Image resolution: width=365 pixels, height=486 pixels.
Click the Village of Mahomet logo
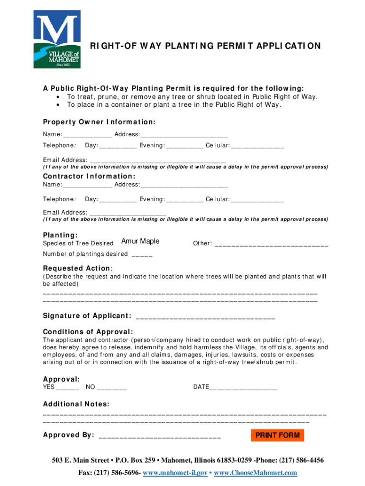56,39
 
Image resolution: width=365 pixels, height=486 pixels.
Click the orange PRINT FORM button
277,435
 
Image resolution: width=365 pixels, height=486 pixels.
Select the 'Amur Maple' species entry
140,242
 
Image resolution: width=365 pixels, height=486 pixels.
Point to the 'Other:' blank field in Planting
271,245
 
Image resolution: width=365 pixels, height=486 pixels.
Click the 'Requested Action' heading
76,268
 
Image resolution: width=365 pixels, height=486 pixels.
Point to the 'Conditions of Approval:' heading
88,332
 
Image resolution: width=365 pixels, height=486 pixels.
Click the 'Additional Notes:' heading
76,404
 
